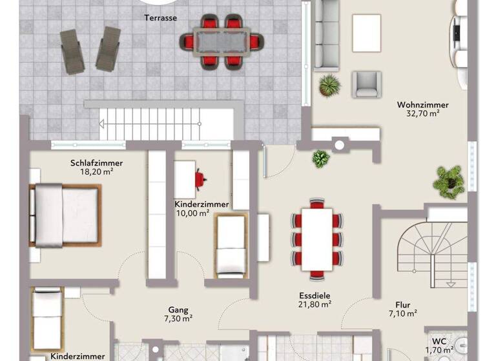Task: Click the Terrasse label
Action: pos(161,18)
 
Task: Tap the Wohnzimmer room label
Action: pos(422,104)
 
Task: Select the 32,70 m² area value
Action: pos(422,113)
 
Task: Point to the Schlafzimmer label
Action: pos(96,163)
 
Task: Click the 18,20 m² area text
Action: pos(96,172)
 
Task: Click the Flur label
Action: pos(402,305)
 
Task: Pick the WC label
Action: pos(439,342)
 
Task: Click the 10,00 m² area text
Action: pos(192,213)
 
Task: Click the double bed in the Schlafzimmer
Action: pos(65,215)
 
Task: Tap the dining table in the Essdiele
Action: pos(316,238)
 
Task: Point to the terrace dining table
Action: pos(222,41)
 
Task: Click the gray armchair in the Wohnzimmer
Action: pos(366,84)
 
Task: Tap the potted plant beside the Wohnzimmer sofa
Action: pos(329,84)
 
